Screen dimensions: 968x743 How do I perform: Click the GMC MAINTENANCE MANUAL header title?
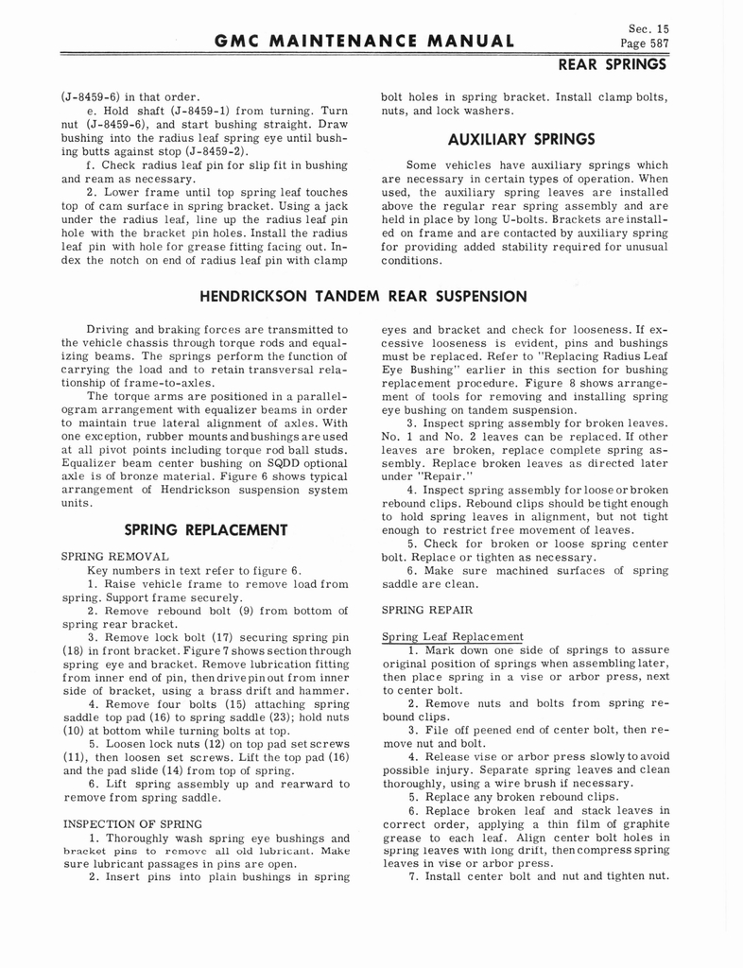(365, 41)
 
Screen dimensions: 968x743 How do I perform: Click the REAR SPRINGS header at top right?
(613, 64)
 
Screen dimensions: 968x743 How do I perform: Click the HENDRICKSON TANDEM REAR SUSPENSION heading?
(364, 296)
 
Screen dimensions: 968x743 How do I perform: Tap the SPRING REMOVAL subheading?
(114, 557)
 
